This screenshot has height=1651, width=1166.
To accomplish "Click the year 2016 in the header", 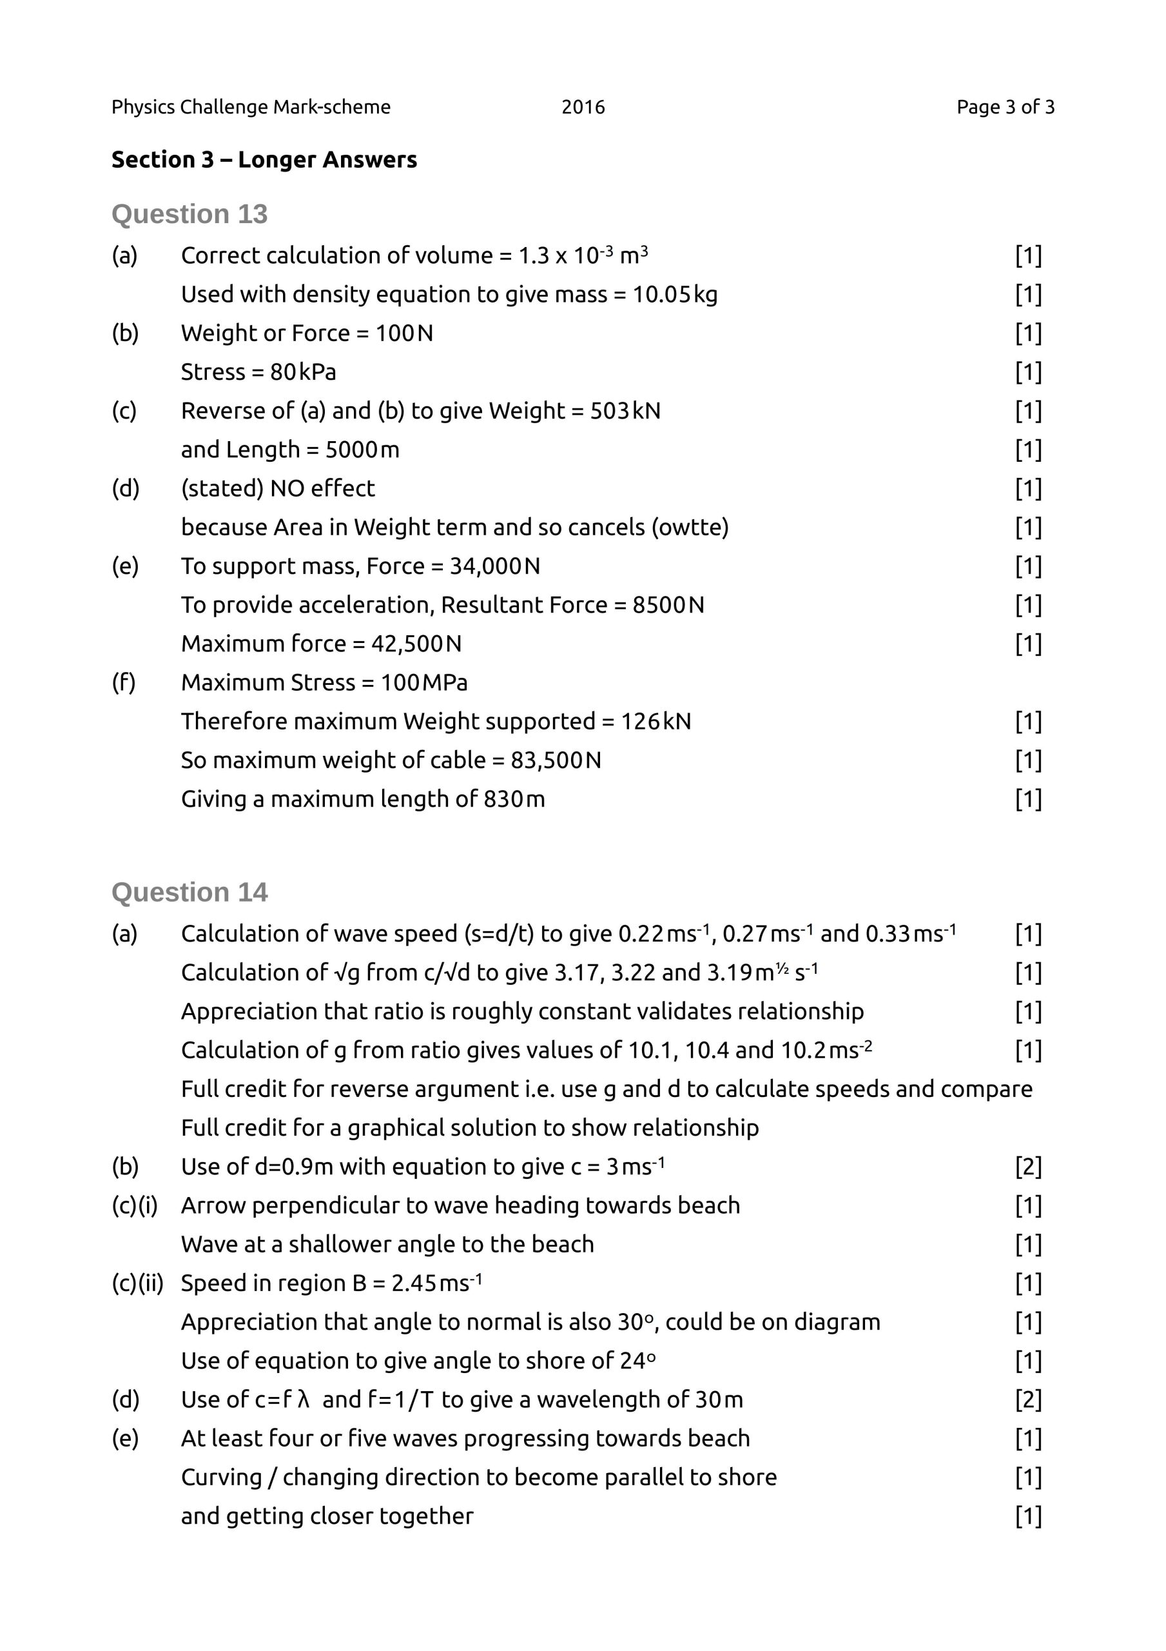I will pos(583,107).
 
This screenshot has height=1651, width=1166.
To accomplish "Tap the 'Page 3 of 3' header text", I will pos(1005,107).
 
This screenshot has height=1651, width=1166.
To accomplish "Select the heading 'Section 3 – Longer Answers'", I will pos(264,160).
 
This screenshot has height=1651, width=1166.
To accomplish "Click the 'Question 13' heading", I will pos(189,214).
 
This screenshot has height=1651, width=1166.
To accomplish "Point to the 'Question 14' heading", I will pos(189,893).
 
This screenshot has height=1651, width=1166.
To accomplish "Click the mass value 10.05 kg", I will pos(674,295).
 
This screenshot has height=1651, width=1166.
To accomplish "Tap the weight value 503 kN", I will pos(625,411).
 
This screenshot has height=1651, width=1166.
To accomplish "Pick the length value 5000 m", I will pos(362,450).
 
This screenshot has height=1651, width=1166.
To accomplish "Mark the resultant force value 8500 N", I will pos(668,606).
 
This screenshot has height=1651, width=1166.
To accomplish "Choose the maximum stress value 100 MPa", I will pos(423,683).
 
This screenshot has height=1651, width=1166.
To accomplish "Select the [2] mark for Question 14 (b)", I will pos(1028,1167).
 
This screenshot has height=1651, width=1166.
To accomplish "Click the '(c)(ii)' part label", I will pos(137,1283).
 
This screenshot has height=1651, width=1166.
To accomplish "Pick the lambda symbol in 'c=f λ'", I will pos(304,1400).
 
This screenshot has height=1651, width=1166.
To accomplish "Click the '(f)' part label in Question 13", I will pos(124,683).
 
